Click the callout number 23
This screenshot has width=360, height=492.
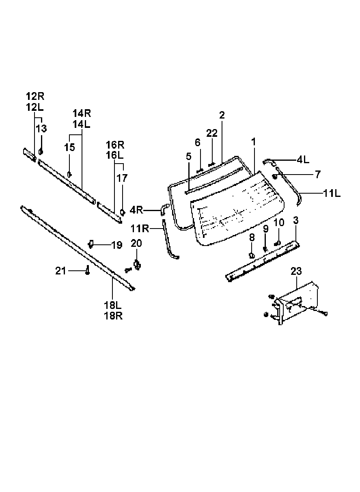click(296, 272)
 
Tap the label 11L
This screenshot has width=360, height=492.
click(332, 194)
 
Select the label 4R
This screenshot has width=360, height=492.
click(136, 210)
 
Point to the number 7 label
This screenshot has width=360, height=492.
click(318, 175)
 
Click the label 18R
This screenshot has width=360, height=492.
click(113, 316)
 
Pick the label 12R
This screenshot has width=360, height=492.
click(35, 96)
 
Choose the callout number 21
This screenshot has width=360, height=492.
click(60, 271)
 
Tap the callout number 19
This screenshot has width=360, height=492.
click(117, 245)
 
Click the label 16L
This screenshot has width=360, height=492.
click(114, 155)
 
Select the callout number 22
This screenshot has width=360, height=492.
click(212, 133)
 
